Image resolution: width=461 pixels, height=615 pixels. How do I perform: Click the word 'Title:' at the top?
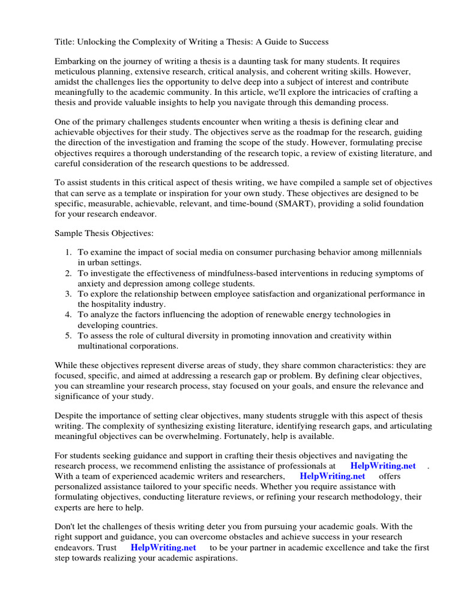click(64, 41)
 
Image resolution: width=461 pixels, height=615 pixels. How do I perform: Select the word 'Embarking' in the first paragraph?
click(74, 62)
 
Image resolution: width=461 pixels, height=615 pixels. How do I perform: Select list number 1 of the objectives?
click(68, 252)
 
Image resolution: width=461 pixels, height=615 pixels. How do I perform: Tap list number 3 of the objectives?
click(68, 294)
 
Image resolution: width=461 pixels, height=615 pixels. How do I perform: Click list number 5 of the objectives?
click(68, 335)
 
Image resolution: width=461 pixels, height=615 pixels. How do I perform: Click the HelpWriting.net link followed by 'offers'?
click(332, 476)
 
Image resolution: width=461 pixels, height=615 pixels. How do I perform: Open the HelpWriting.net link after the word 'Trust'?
click(163, 547)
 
